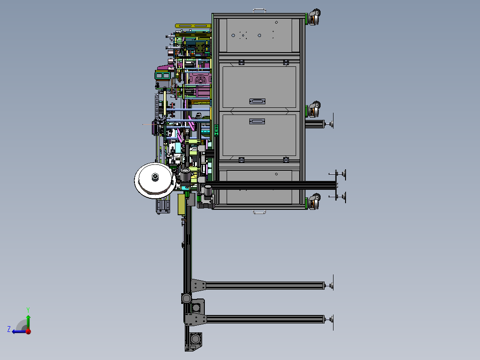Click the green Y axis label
click(x=28, y=310)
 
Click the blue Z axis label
click(x=9, y=329)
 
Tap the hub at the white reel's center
click(x=155, y=177)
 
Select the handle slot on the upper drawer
click(x=257, y=102)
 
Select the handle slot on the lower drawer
click(x=257, y=122)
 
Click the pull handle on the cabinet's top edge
click(x=259, y=11)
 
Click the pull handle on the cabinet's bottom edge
click(x=259, y=211)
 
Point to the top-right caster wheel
click(x=314, y=17)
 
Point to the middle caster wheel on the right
click(x=314, y=109)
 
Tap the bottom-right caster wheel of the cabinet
click(x=314, y=201)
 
